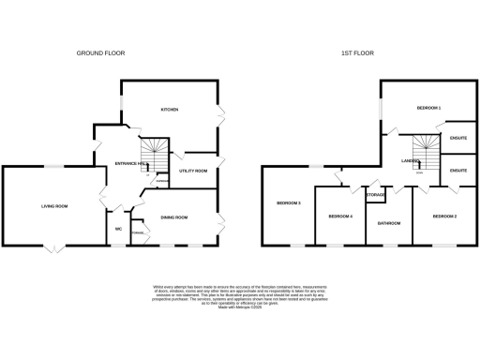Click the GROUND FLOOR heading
click(100, 53)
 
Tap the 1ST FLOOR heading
click(357, 53)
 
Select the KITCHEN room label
click(170, 110)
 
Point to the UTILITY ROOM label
click(193, 172)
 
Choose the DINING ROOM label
click(174, 217)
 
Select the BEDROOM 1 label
click(428, 109)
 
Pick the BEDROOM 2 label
click(443, 217)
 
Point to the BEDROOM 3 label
click(288, 202)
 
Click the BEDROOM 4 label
click(339, 217)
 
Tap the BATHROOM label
click(389, 223)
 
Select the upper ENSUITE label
click(458, 139)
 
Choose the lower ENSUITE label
click(458, 171)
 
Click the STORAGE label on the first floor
click(375, 195)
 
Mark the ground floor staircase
click(153, 152)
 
